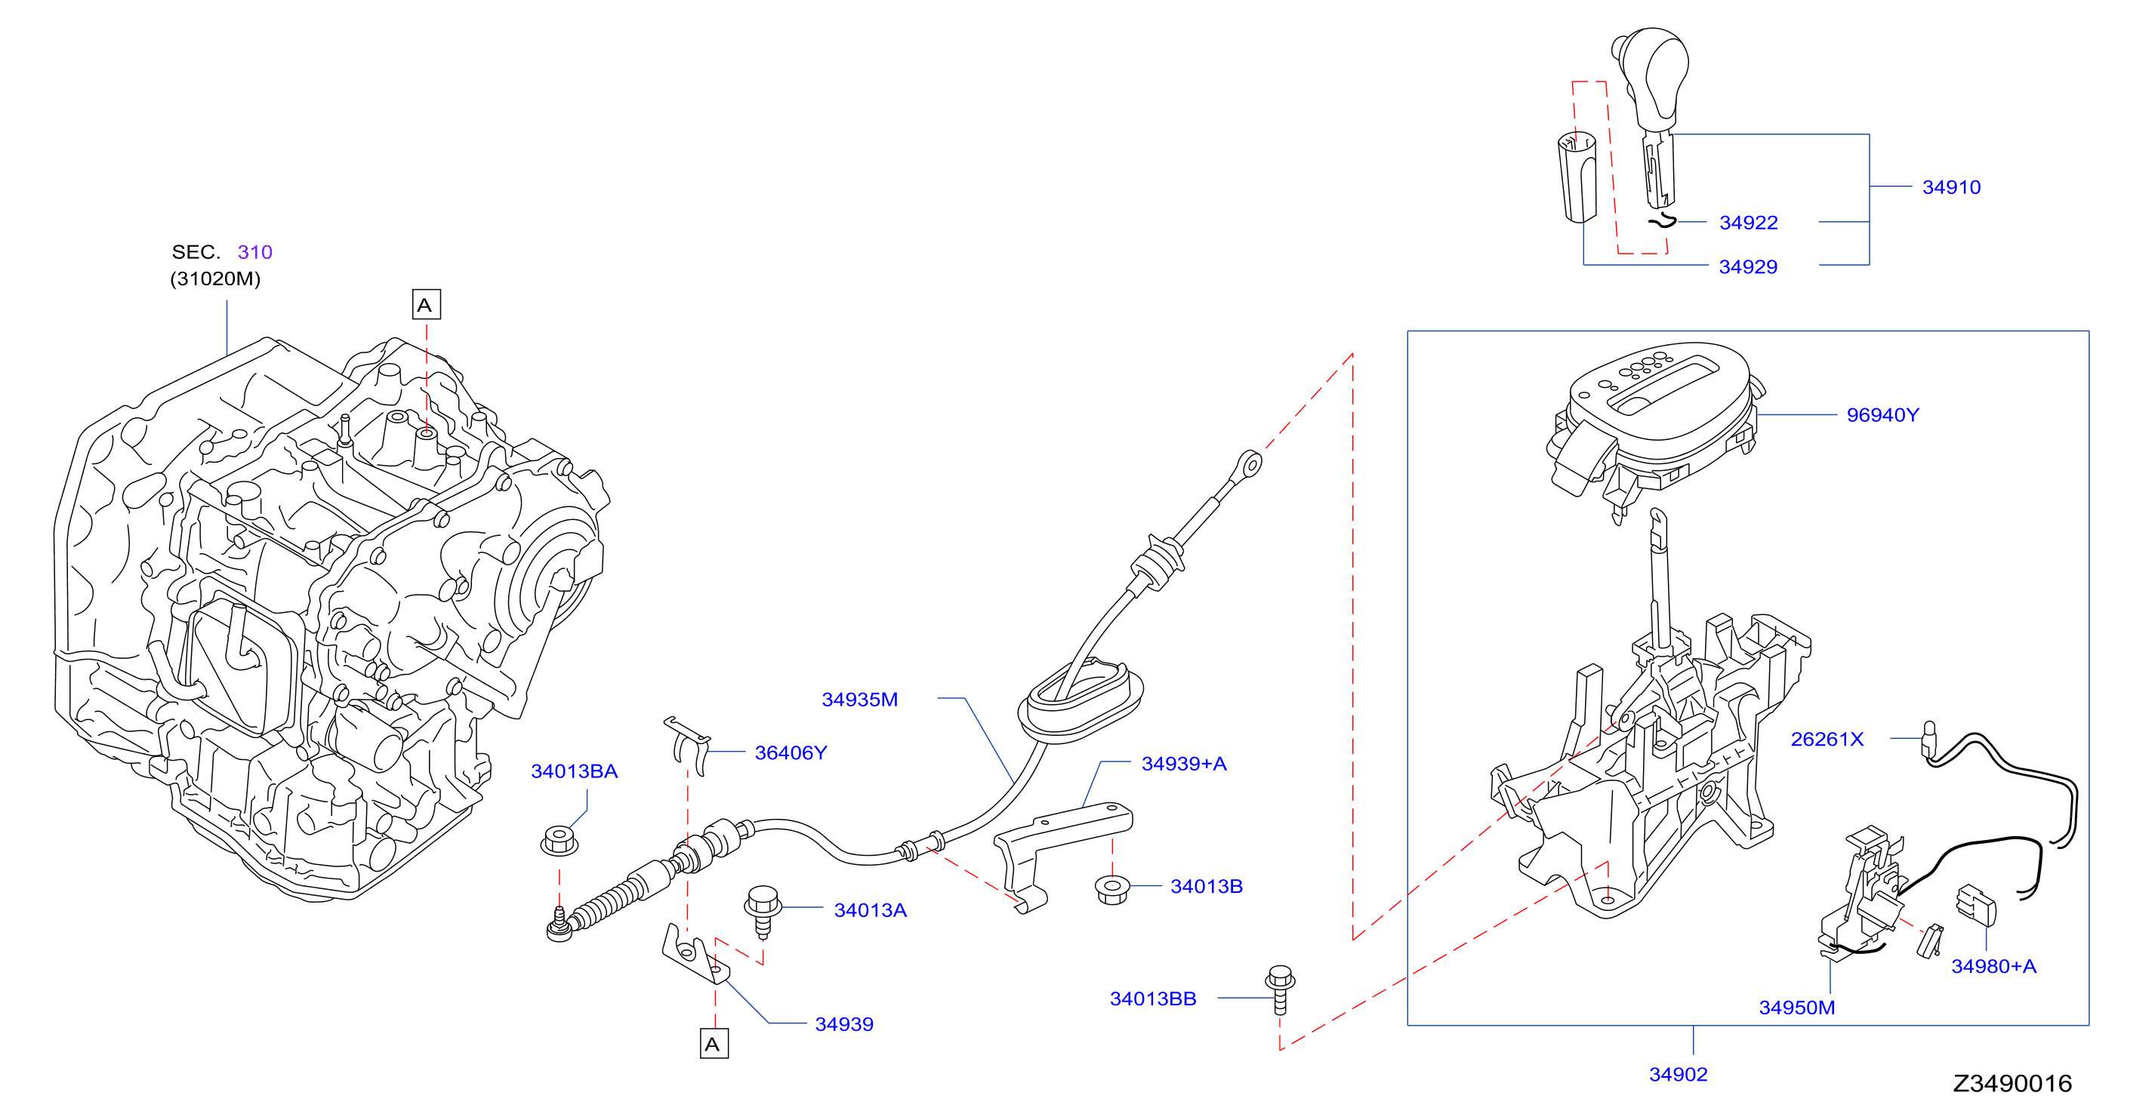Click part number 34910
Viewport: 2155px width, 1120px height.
point(1951,186)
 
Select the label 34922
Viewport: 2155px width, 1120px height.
point(1749,223)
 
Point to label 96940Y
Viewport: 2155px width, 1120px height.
point(1882,415)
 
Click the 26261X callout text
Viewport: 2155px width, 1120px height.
point(1827,740)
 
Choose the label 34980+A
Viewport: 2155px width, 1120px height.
point(1993,966)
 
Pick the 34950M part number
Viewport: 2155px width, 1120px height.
point(1797,1008)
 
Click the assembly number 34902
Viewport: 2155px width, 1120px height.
point(1678,1075)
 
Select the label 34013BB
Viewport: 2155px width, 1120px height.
point(1153,998)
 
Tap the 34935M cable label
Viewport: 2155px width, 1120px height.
point(860,700)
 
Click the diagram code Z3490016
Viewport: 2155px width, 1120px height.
point(2012,1084)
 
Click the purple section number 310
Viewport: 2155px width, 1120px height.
point(255,252)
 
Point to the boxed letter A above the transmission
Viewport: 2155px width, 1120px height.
point(426,304)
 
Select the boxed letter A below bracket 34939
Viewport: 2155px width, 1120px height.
point(714,1044)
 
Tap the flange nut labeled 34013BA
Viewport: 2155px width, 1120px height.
point(559,840)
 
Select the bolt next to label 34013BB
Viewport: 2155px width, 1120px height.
point(1280,990)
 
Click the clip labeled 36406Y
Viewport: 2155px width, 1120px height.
point(689,745)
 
